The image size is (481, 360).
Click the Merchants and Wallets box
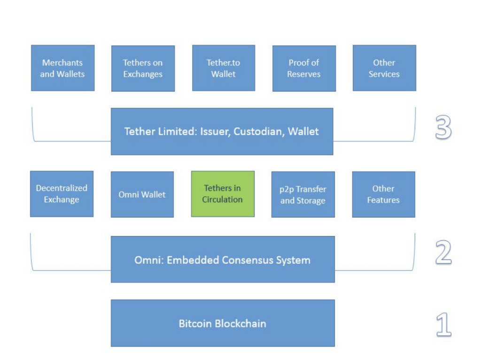(x=62, y=68)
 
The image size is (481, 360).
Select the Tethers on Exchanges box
(x=143, y=69)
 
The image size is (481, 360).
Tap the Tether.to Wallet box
(x=224, y=68)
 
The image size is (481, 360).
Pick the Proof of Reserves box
(x=304, y=69)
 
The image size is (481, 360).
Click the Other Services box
(x=384, y=68)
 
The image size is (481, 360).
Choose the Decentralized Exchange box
(x=62, y=194)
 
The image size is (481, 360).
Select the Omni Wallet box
(x=142, y=194)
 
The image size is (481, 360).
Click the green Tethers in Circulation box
(x=223, y=194)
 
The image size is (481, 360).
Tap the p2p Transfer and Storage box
(x=303, y=194)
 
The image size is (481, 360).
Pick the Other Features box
(x=383, y=194)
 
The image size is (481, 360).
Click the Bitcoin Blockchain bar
(x=223, y=323)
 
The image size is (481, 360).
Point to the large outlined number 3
(x=443, y=128)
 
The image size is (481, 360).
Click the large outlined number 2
(x=443, y=254)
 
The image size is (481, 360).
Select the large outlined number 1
(x=443, y=326)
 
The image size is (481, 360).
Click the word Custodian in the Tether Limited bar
(x=259, y=131)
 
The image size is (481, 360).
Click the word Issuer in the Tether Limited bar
(x=214, y=131)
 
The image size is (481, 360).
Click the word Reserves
(x=304, y=74)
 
